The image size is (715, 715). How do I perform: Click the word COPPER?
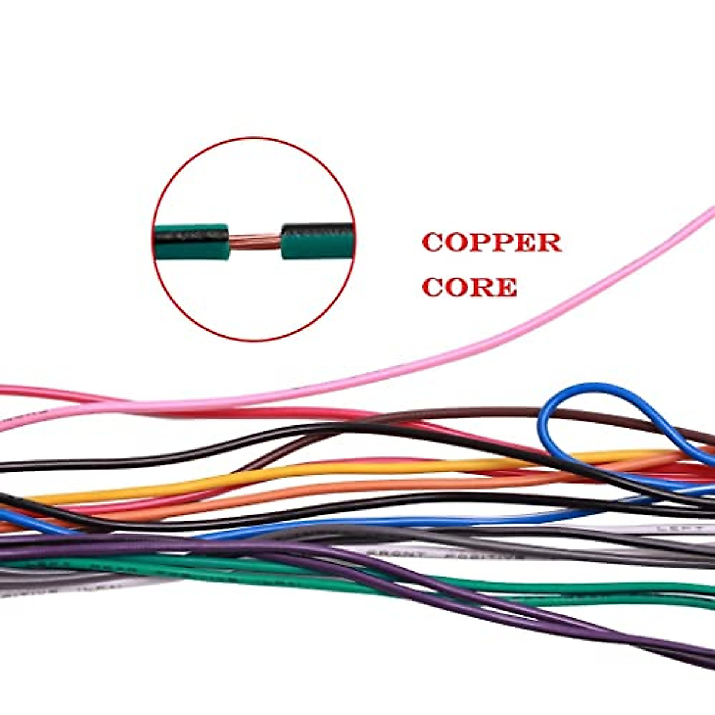(x=492, y=243)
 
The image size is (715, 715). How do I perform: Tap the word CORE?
(x=470, y=287)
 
